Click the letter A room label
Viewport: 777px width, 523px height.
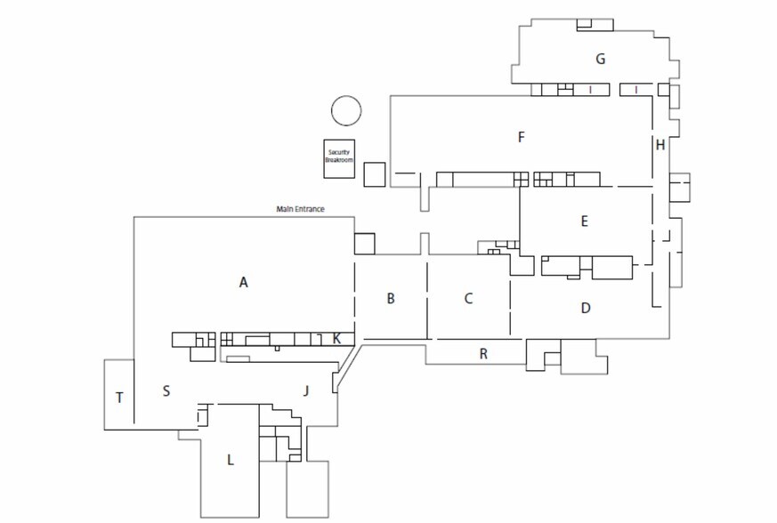[x=243, y=282]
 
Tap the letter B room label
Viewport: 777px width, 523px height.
[x=391, y=299]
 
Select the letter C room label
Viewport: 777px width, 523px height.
[x=468, y=298]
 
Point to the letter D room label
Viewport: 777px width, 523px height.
[x=586, y=308]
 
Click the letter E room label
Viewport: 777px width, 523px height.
[x=584, y=221]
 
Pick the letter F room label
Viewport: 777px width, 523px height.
[x=521, y=137]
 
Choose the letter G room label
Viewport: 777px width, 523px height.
[x=600, y=59]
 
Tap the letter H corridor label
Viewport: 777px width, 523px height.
[x=660, y=145]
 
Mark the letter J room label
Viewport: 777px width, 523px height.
[x=306, y=390]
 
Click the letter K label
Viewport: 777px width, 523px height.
[x=336, y=339]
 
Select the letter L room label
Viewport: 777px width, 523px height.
[x=230, y=460]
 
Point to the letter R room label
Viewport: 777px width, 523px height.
[x=483, y=354]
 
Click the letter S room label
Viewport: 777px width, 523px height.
[x=166, y=391]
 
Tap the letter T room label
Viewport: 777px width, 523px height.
[x=119, y=398]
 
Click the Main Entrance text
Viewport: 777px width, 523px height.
[x=300, y=209]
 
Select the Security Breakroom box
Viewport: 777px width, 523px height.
[x=339, y=158]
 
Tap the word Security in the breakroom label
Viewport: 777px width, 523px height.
[x=339, y=153]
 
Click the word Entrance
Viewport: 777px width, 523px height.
[x=309, y=209]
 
